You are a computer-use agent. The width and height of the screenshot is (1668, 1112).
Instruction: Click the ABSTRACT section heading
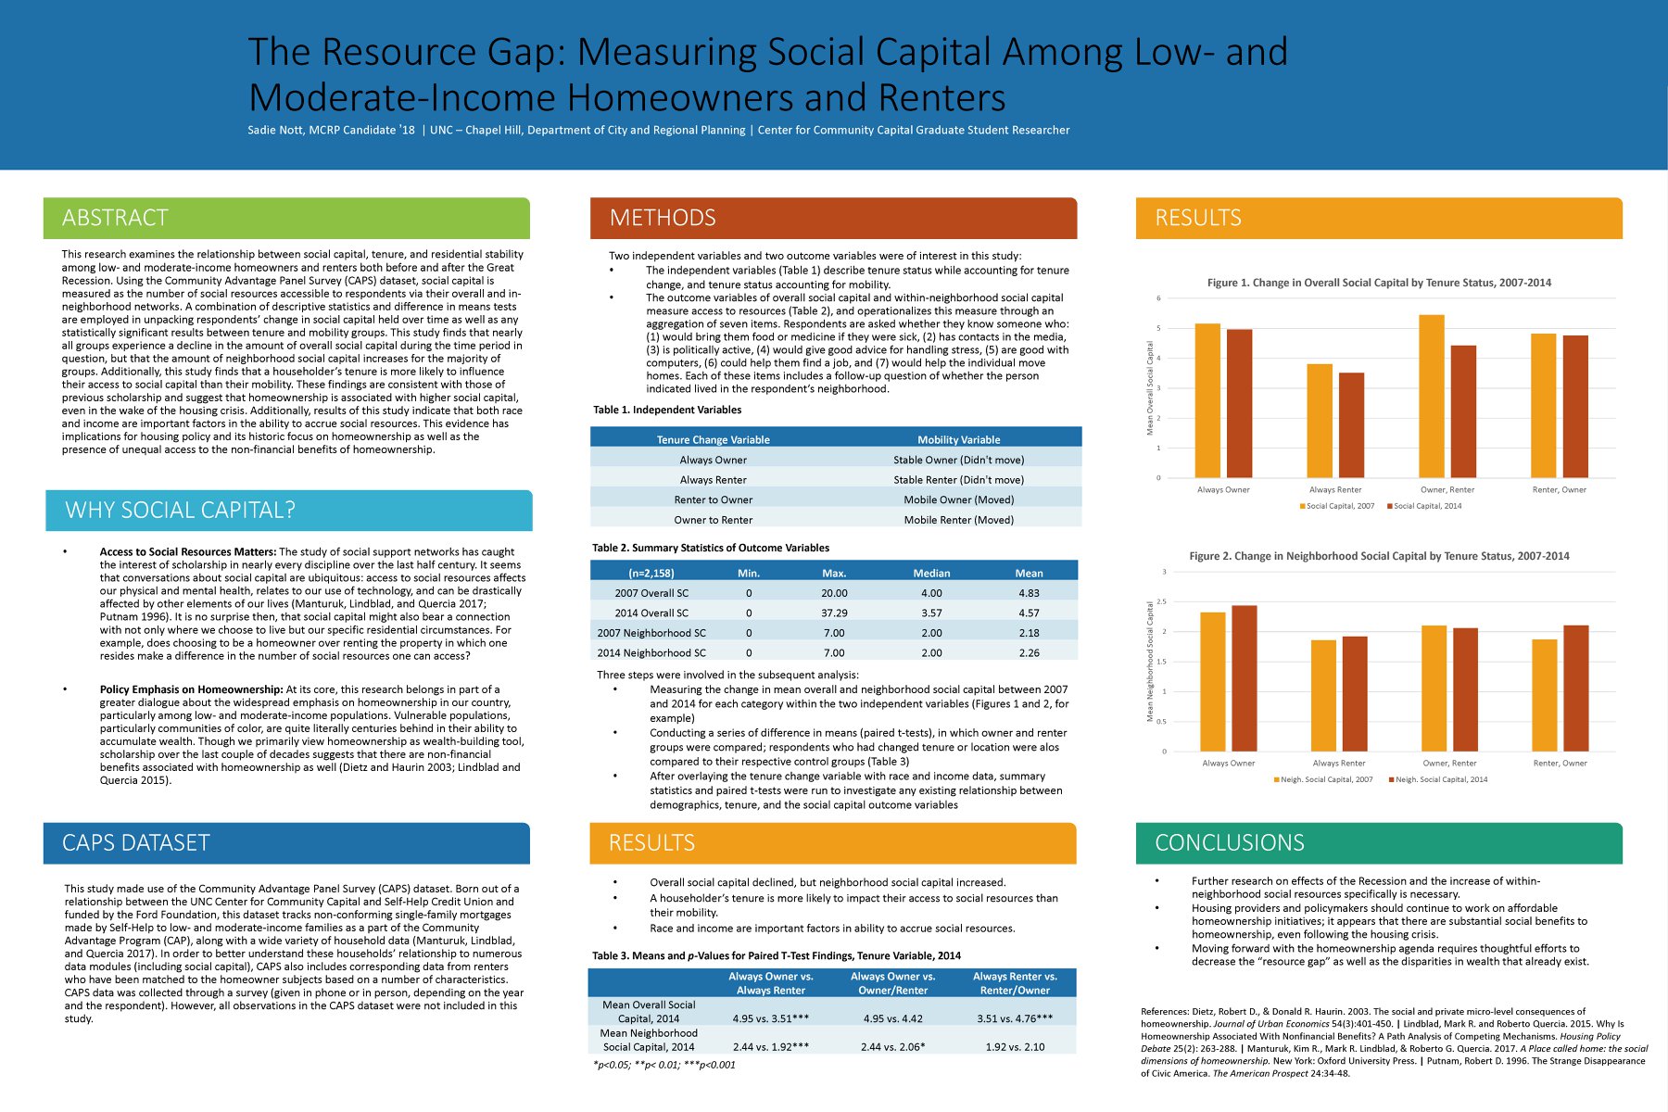click(x=115, y=218)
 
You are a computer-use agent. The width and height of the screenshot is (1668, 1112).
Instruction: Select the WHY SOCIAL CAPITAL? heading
click(x=181, y=511)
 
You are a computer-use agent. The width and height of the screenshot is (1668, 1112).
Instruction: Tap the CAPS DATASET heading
click(x=136, y=843)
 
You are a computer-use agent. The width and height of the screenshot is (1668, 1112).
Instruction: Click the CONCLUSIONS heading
click(x=1230, y=843)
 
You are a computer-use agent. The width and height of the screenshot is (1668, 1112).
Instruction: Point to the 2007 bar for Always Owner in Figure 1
click(x=1207, y=400)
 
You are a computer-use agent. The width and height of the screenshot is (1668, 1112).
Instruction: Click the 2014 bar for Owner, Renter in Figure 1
click(x=1463, y=411)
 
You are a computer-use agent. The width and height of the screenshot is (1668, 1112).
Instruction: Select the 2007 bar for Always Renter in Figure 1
click(x=1320, y=421)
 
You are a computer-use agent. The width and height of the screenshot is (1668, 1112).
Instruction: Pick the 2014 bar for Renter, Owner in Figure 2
click(x=1575, y=689)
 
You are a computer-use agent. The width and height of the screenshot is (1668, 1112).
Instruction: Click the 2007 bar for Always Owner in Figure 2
click(x=1213, y=682)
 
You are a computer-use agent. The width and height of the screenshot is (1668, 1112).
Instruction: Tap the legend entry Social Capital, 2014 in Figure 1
click(x=1424, y=506)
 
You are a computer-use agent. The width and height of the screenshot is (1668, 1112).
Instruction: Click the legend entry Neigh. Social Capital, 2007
click(x=1323, y=779)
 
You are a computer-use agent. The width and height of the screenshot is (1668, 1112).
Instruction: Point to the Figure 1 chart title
click(x=1379, y=283)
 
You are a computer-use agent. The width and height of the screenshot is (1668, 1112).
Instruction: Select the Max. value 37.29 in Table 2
click(x=834, y=613)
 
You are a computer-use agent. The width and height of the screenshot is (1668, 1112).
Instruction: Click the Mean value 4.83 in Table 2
click(x=1029, y=593)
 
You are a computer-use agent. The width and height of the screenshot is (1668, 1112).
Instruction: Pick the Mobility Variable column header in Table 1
click(x=959, y=440)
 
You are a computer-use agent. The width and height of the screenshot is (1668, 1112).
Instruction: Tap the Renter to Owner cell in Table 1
click(x=714, y=500)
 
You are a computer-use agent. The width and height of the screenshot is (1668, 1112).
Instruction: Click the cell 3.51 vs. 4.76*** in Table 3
click(x=1015, y=1018)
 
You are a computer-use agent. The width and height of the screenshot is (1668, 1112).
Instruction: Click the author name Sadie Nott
click(x=275, y=131)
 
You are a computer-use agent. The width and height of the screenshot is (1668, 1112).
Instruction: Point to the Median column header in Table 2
click(x=931, y=574)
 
